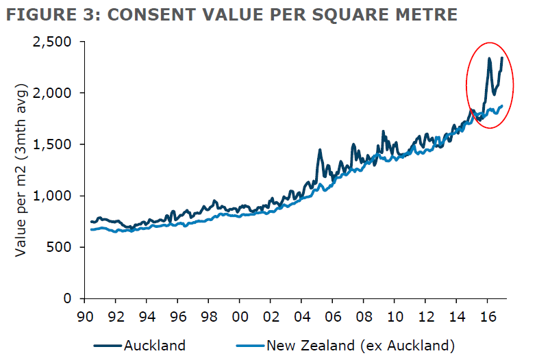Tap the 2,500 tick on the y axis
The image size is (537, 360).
[53, 42]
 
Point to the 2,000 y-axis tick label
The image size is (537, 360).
[53, 93]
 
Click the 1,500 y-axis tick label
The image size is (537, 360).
[53, 144]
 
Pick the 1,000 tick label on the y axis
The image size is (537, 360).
[53, 196]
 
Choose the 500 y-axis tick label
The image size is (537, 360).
[60, 247]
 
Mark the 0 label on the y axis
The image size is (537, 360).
[68, 299]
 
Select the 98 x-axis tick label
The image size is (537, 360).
[208, 318]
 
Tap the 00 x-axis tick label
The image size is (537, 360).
[239, 318]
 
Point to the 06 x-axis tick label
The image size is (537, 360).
[332, 318]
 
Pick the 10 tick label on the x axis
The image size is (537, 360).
[394, 318]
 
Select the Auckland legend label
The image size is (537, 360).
[154, 345]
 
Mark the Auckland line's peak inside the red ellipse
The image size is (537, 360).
[489, 59]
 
